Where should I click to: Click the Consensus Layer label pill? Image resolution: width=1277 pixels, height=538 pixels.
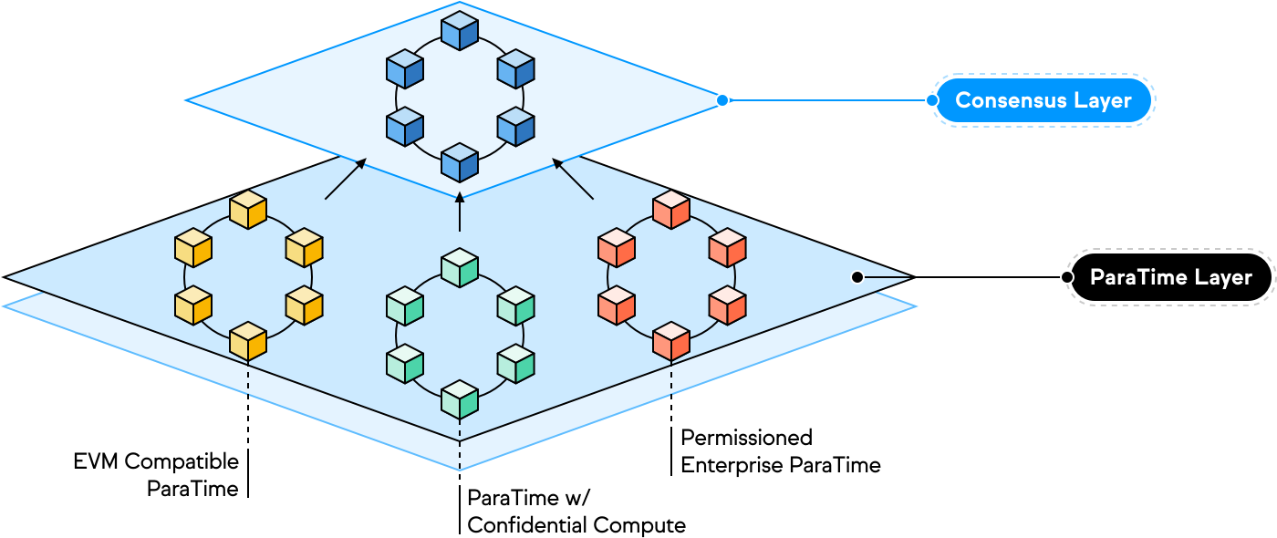click(1043, 100)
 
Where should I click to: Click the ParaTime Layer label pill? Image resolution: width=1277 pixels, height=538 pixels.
click(1170, 276)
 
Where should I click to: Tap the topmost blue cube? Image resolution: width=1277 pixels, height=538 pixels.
click(460, 30)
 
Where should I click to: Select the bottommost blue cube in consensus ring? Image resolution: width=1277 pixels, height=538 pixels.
click(460, 162)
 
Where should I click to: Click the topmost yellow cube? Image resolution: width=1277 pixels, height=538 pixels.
click(248, 210)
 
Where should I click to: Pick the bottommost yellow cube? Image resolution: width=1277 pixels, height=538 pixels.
click(248, 341)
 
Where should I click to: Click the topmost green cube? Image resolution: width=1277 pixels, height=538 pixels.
click(460, 267)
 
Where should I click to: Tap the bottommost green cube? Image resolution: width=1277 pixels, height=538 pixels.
click(460, 399)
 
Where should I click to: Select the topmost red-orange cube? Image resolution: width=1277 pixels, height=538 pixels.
click(671, 210)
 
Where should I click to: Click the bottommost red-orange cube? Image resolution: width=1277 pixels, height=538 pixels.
click(671, 341)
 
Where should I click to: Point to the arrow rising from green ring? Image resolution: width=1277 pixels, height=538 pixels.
click(460, 212)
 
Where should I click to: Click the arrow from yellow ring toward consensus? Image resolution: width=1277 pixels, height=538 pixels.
click(346, 179)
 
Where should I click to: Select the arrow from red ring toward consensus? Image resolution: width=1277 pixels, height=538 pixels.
click(573, 179)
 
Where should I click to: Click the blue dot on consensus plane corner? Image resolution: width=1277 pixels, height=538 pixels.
click(722, 100)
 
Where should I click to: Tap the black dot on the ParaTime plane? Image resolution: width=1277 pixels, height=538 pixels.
click(857, 276)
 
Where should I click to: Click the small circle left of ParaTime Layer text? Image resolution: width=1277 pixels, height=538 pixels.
click(1066, 276)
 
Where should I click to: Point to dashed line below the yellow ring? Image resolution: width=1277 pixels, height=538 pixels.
click(248, 378)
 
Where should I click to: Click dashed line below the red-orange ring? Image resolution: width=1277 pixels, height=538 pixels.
click(671, 378)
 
